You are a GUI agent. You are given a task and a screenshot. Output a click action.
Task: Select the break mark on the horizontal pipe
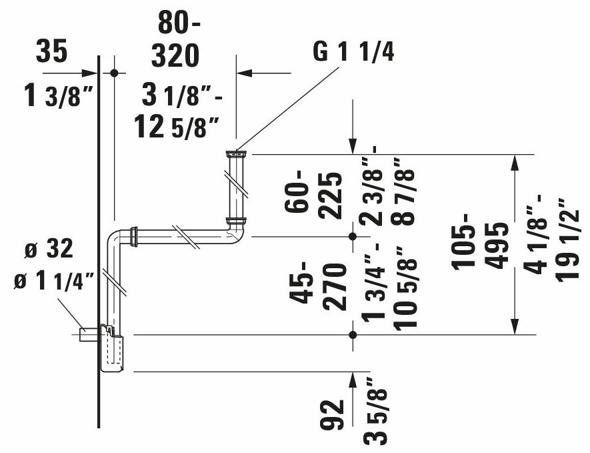[189, 237]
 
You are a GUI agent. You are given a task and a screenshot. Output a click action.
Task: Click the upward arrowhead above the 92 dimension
[351, 380]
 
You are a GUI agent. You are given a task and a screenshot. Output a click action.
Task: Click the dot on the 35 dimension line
[114, 73]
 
